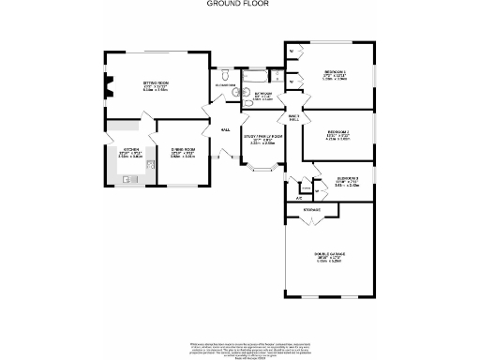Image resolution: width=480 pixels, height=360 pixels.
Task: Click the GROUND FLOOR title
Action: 232,4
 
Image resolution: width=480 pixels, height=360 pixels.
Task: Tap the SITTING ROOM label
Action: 156,83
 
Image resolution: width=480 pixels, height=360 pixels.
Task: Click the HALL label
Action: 226,129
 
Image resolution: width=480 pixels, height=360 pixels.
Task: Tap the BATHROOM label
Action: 262,94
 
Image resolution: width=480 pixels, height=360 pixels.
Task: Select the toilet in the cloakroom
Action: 228,73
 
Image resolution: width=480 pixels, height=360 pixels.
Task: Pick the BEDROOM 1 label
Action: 336,72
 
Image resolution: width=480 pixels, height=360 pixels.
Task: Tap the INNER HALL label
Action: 292,117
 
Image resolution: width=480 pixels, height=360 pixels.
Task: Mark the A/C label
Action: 299,198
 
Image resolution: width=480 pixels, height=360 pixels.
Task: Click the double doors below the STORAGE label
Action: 313,219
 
